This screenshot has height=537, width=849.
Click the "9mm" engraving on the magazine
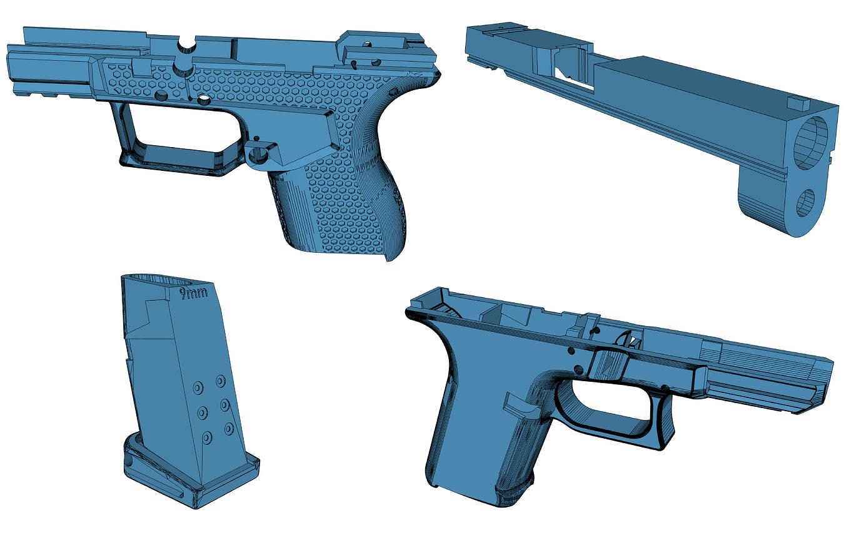click(194, 294)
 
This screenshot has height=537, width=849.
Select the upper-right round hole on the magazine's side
click(221, 381)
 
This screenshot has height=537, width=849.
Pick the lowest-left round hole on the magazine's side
click(207, 438)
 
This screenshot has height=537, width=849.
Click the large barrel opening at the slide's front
click(811, 143)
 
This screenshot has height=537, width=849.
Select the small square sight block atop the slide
click(798, 103)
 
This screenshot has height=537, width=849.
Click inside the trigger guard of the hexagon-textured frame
click(178, 126)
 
